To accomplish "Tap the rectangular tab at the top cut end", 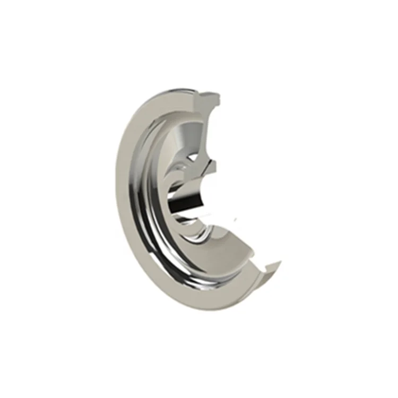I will pos(211,98).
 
